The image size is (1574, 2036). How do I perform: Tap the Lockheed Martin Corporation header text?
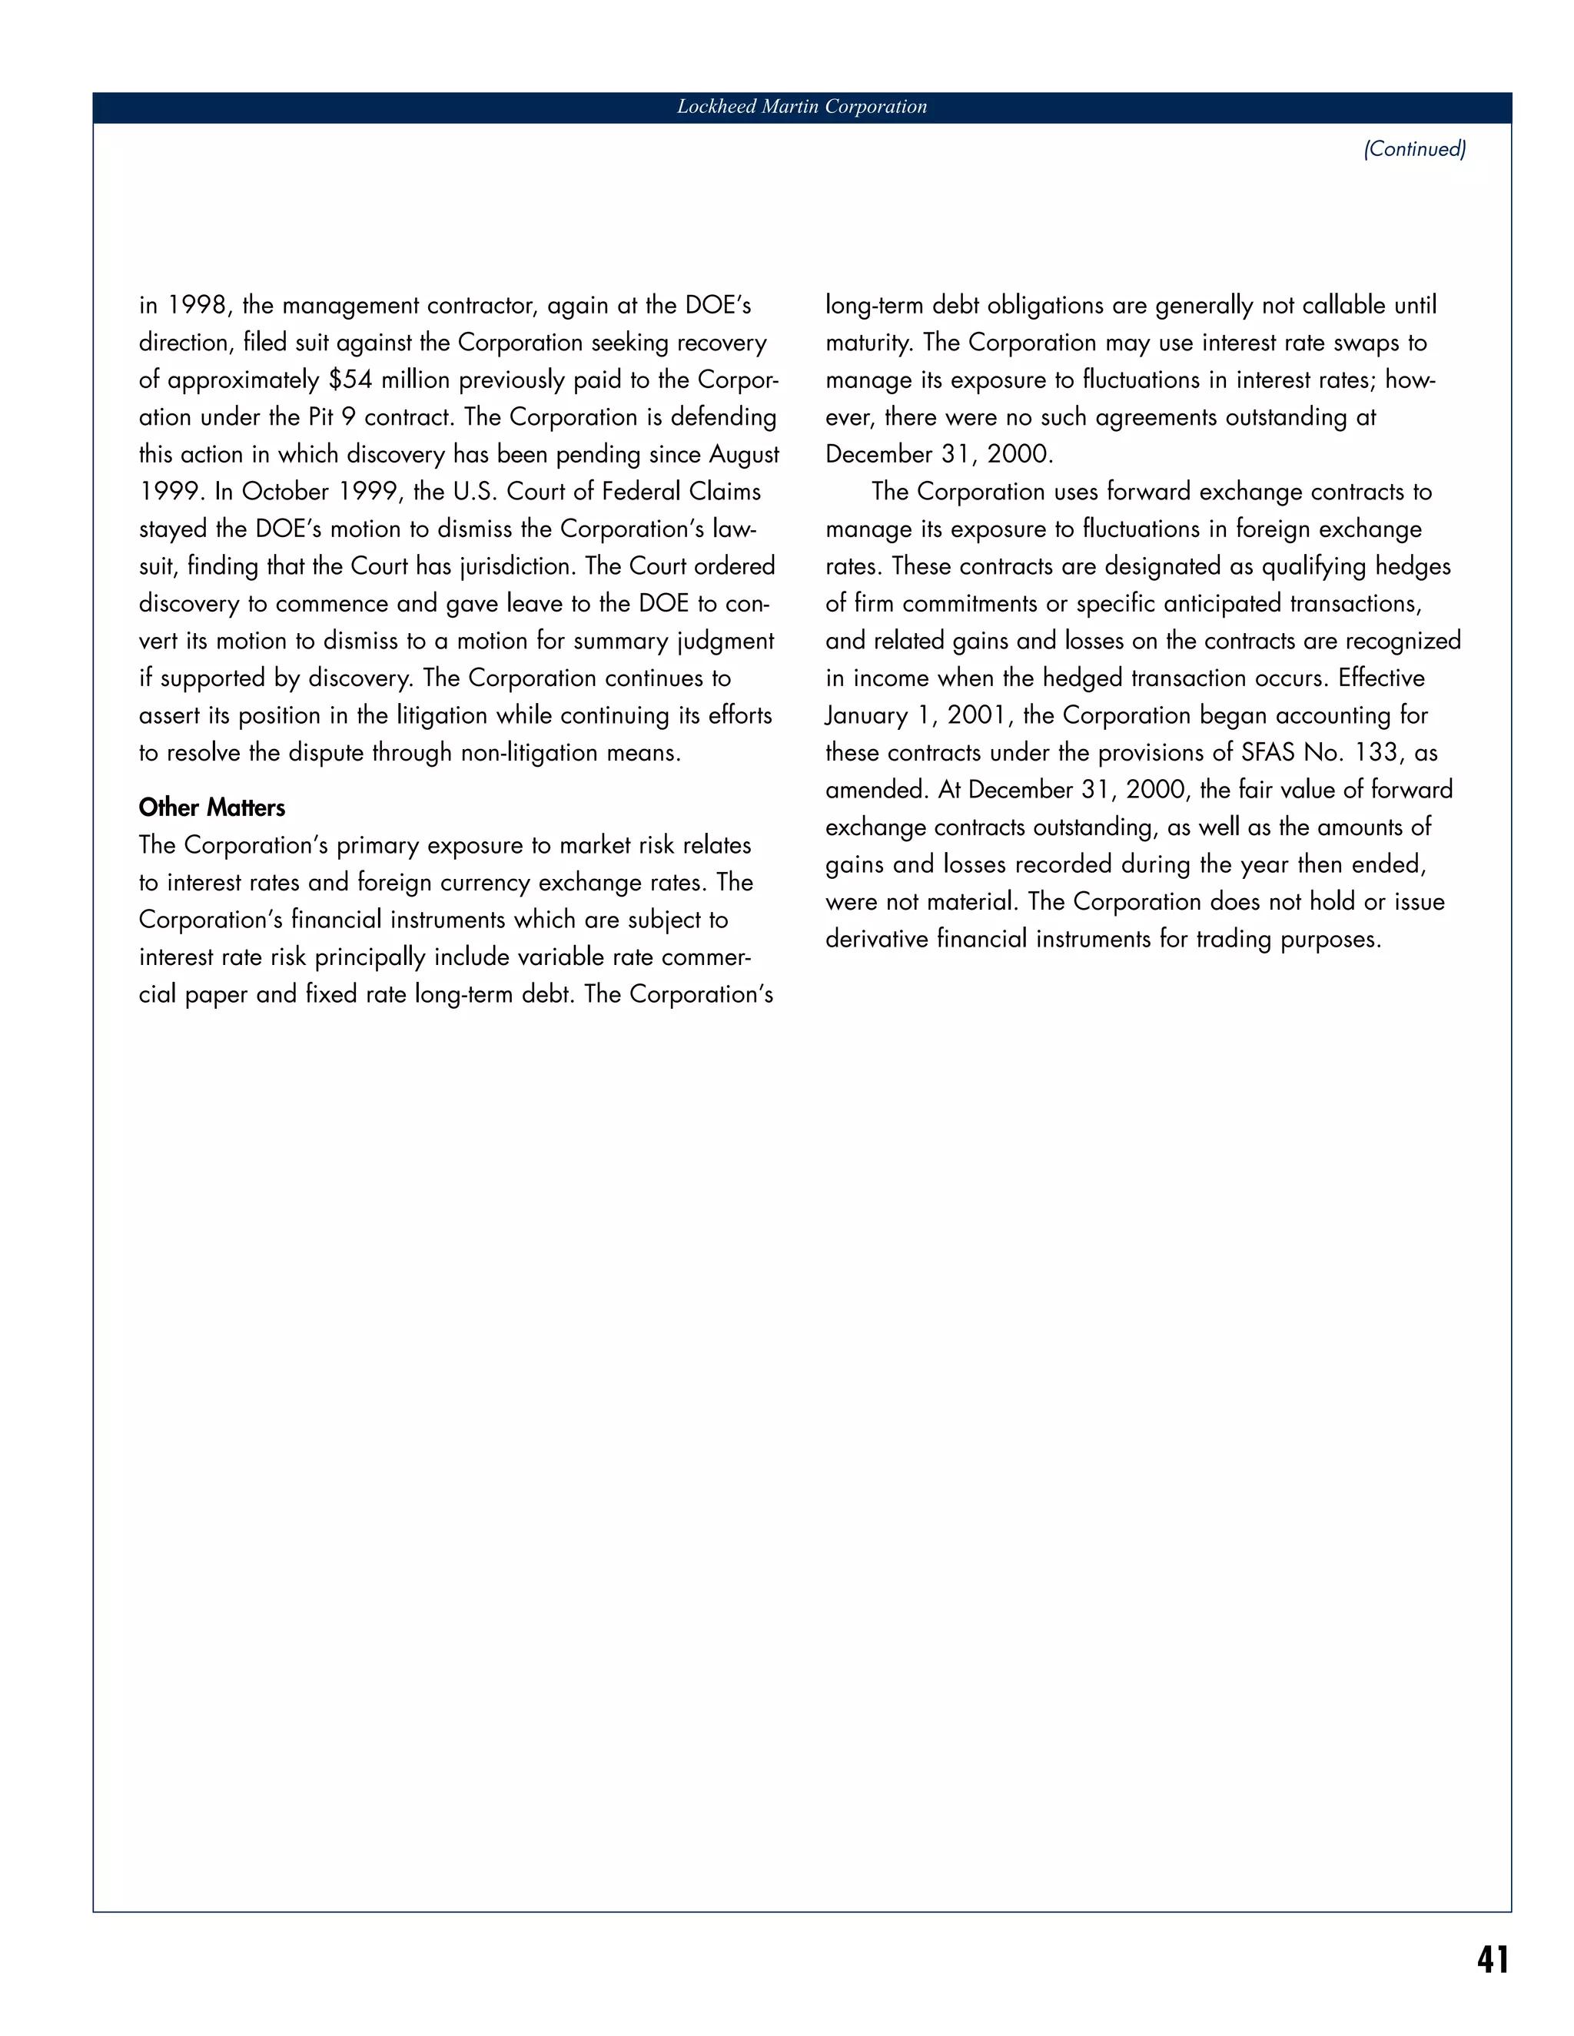tap(802, 108)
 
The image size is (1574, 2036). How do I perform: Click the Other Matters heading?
tap(211, 807)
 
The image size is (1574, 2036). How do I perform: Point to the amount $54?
tap(350, 380)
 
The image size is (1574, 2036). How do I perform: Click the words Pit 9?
tap(332, 418)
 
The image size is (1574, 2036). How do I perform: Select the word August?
tap(744, 455)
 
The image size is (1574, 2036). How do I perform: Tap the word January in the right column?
tap(866, 716)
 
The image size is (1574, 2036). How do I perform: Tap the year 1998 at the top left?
tap(197, 306)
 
